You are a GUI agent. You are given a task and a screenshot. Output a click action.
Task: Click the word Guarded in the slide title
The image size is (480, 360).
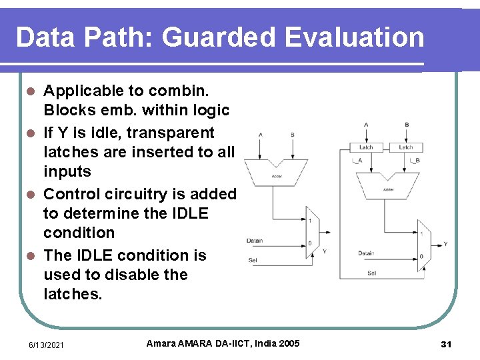pos(218,37)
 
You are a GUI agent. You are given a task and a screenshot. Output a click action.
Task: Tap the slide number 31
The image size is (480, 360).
pos(447,344)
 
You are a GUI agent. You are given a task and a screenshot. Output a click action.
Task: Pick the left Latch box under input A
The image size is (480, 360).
pos(367,147)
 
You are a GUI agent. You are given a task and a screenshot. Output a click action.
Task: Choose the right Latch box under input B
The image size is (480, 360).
pos(406,147)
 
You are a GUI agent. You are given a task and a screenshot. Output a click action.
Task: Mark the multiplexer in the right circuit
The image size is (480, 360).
pos(424,245)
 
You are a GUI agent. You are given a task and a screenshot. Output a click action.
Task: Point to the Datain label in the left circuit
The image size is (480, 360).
pos(255,241)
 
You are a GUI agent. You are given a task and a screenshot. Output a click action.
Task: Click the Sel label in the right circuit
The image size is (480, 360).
pos(371,273)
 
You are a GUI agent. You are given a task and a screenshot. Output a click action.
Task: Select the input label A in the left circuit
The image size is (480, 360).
pos(260,135)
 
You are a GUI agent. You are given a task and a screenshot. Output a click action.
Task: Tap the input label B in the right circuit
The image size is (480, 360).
pos(406,125)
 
